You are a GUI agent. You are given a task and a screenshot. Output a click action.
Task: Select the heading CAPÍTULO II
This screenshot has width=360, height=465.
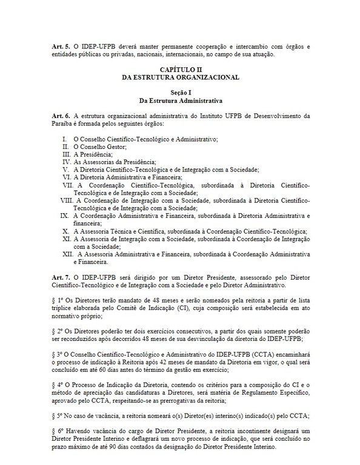180,71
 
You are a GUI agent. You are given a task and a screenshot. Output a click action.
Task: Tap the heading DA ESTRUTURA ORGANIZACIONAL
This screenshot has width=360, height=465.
180,78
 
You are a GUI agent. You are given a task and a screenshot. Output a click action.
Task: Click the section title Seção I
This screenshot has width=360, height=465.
180,93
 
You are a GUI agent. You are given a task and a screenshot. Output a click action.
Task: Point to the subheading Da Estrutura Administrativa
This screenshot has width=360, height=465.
180,100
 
